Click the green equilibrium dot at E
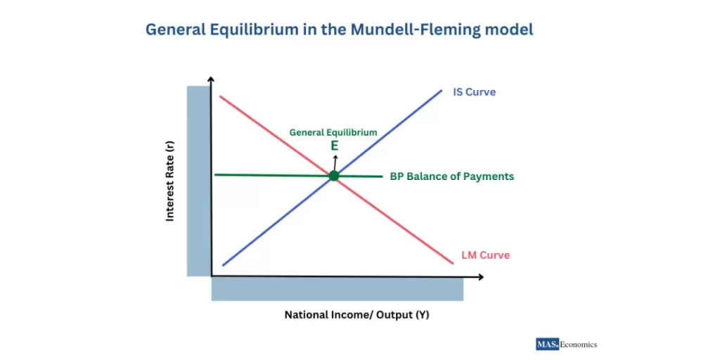333,176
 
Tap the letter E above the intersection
335,146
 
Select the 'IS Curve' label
475,92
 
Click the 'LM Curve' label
485,255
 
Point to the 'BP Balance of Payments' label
451,176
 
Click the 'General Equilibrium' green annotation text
333,132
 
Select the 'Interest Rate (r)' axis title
170,181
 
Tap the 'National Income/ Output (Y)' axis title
356,315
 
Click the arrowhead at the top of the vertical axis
211,83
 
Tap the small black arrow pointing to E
335,161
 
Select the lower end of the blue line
223,265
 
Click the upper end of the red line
221,96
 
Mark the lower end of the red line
453,263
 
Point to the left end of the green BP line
214,174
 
